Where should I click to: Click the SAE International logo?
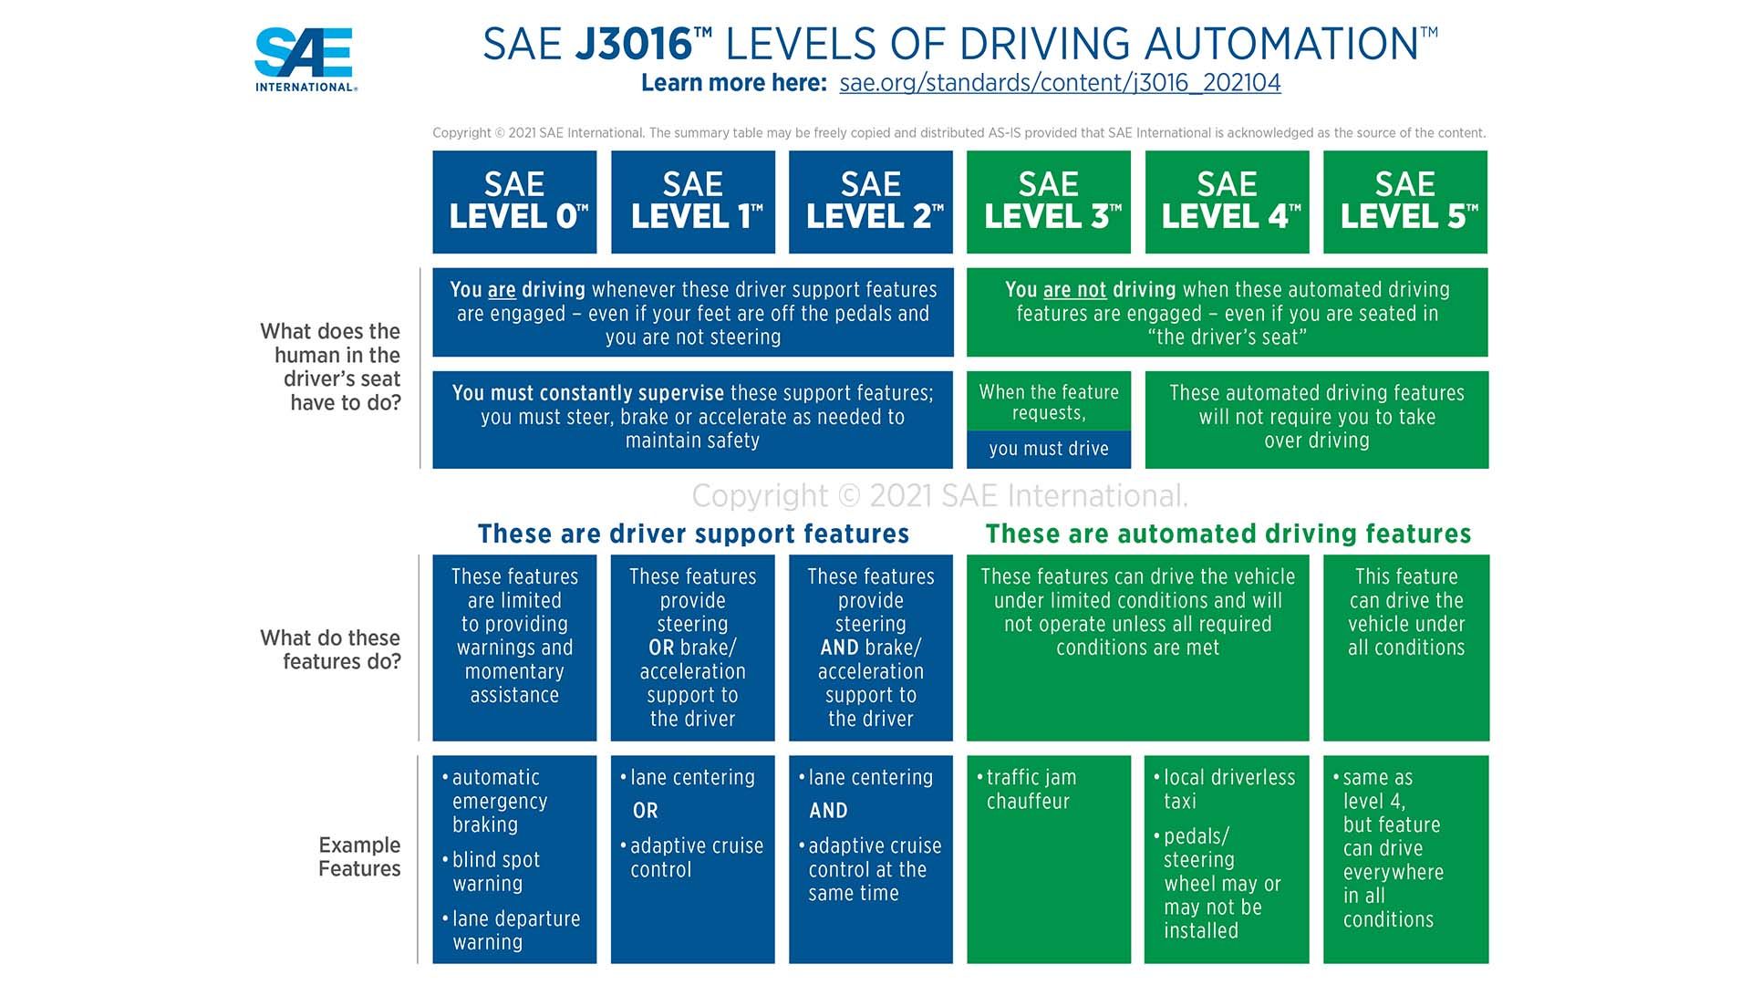pyautogui.click(x=305, y=59)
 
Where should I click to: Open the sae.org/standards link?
pyautogui.click(x=1060, y=83)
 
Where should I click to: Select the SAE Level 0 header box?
pyautogui.click(x=514, y=202)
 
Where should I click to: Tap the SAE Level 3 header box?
pyautogui.click(x=1049, y=202)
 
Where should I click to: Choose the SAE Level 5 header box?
pyautogui.click(x=1405, y=202)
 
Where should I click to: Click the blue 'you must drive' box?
pyautogui.click(x=1049, y=449)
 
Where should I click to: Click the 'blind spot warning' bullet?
pyautogui.click(x=496, y=872)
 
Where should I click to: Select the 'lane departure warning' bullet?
pyautogui.click(x=515, y=930)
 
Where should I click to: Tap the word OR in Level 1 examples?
pyautogui.click(x=645, y=811)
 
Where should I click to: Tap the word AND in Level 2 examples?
pyautogui.click(x=828, y=811)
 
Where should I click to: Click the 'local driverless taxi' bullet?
pyautogui.click(x=1228, y=789)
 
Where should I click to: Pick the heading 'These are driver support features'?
pyautogui.click(x=693, y=534)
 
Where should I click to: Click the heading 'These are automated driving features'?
pyautogui.click(x=1228, y=534)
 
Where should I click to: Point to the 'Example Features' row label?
pyautogui.click(x=359, y=856)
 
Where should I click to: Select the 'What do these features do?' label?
pyautogui.click(x=331, y=649)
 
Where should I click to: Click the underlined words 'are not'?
pyautogui.click(x=1074, y=290)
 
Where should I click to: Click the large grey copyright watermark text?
pyautogui.click(x=939, y=496)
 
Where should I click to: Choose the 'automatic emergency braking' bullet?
pyautogui.click(x=499, y=801)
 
